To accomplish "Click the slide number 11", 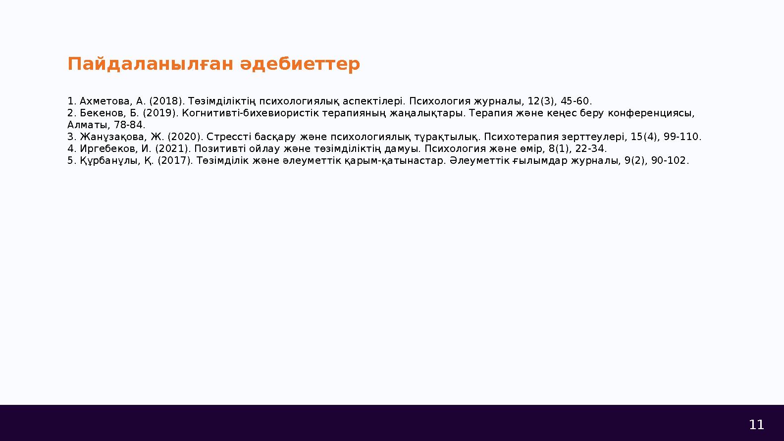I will [x=756, y=425].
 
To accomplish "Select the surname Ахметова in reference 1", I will [x=106, y=101].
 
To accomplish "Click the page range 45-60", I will [x=576, y=101].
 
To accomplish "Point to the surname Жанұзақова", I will [x=113, y=137].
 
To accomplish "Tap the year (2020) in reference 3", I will [x=185, y=137].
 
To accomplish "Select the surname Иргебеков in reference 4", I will [x=110, y=149].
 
